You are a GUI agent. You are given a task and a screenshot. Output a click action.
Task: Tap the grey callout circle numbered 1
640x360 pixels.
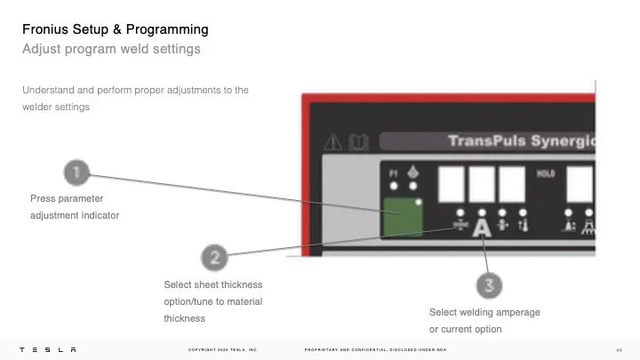(x=77, y=172)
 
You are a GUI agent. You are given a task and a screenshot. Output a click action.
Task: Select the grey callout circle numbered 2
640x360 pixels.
(x=213, y=259)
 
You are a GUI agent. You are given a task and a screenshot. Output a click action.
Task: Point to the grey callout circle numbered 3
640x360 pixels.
(x=488, y=286)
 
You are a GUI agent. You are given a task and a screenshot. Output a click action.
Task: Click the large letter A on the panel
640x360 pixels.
(x=482, y=228)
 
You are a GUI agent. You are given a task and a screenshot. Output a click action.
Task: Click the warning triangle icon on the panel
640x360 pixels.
(x=333, y=141)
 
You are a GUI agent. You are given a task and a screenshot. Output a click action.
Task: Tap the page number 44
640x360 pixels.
(x=618, y=348)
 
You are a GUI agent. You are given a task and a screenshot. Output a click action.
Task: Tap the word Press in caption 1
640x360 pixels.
(x=43, y=198)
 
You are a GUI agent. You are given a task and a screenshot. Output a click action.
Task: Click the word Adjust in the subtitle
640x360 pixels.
(x=40, y=49)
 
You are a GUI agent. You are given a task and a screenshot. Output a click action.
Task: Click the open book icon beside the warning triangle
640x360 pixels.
(x=355, y=141)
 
